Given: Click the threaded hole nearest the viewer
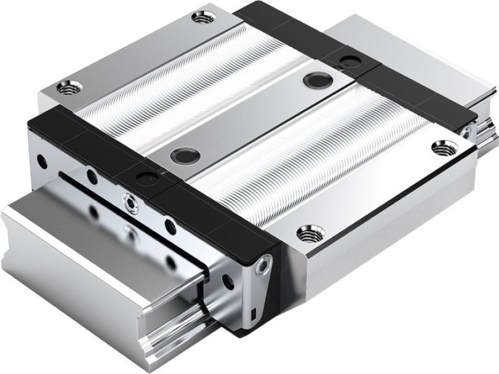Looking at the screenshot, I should click(x=306, y=234).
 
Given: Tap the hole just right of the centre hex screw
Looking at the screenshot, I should click(x=168, y=224).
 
